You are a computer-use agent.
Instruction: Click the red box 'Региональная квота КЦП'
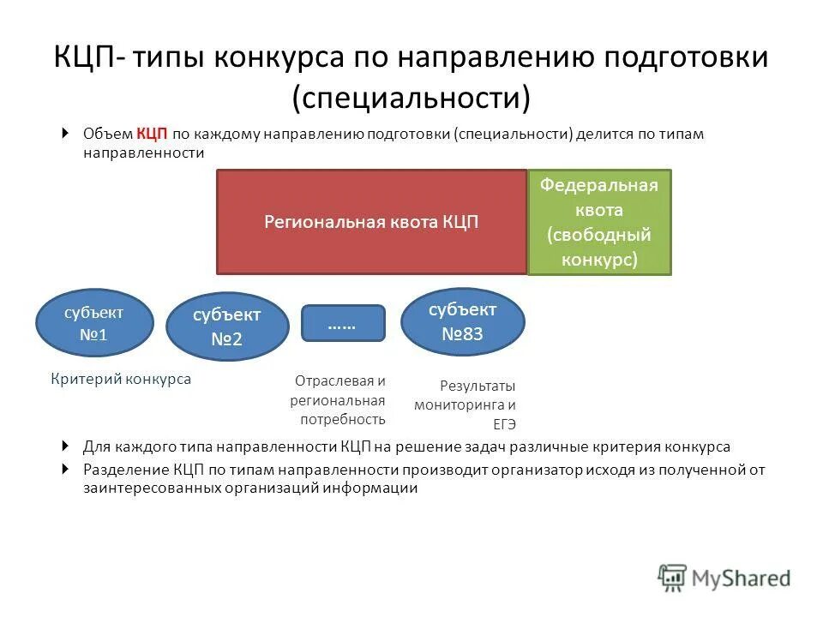pyautogui.click(x=371, y=222)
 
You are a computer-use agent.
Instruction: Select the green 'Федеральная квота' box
pyautogui.click(x=599, y=222)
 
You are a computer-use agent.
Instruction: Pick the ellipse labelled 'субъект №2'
pyautogui.click(x=226, y=326)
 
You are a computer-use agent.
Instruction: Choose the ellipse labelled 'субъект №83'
pyautogui.click(x=462, y=321)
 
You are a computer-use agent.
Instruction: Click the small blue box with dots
pyautogui.click(x=343, y=323)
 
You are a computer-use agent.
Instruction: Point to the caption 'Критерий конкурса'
pyautogui.click(x=121, y=379)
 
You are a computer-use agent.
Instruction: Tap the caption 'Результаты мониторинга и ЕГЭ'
pyautogui.click(x=466, y=405)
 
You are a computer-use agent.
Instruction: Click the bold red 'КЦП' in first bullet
pyautogui.click(x=152, y=135)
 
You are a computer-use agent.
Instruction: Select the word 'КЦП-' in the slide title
pyautogui.click(x=90, y=59)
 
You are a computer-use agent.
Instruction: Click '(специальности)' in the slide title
pyautogui.click(x=411, y=97)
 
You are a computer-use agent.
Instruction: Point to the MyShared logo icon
pyautogui.click(x=673, y=578)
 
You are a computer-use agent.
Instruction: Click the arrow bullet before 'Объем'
pyautogui.click(x=66, y=134)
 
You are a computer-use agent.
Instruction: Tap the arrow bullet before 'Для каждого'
pyautogui.click(x=66, y=446)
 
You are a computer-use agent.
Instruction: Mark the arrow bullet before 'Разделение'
pyautogui.click(x=66, y=470)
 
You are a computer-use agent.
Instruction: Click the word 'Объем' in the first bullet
pyautogui.click(x=107, y=135)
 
